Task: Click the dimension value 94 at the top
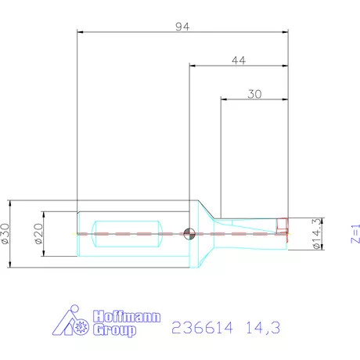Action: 182,26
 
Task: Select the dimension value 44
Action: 239,60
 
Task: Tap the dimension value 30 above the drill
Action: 254,92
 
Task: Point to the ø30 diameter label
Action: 7,233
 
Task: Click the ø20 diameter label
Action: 38,233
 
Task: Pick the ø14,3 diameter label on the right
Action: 317,233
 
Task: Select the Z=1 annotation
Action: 355,235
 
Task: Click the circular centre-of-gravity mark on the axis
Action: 189,233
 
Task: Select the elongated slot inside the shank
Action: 127,233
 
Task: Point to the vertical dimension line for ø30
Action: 16,233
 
